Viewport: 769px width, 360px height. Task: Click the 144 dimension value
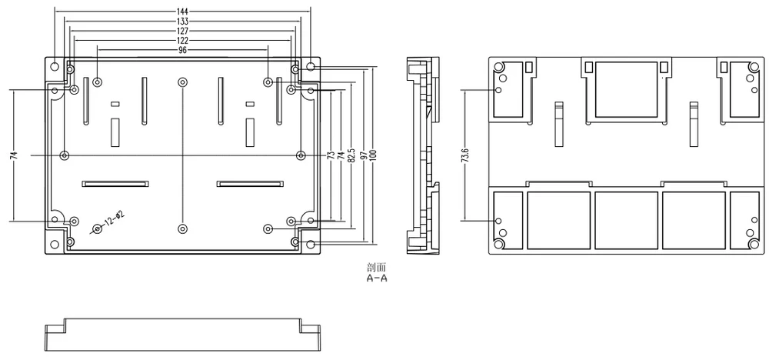pyautogui.click(x=182, y=11)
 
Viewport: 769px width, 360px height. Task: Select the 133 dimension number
pyautogui.click(x=182, y=21)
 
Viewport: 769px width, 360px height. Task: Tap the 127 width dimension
pyautogui.click(x=182, y=31)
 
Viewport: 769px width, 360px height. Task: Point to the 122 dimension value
pyautogui.click(x=182, y=40)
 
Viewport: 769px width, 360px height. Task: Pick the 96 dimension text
pyautogui.click(x=182, y=49)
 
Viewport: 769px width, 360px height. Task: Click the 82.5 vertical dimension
pyautogui.click(x=351, y=155)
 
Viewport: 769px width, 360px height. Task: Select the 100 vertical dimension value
pyautogui.click(x=375, y=155)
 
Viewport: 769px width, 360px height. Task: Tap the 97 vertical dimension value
pyautogui.click(x=363, y=155)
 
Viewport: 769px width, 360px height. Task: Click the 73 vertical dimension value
pyautogui.click(x=331, y=155)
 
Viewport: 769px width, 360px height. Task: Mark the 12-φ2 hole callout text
pyautogui.click(x=114, y=218)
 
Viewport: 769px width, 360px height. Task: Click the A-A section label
pyautogui.click(x=377, y=278)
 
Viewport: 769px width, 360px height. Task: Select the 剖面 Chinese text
pyautogui.click(x=377, y=268)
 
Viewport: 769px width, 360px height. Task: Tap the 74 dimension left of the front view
pyautogui.click(x=14, y=155)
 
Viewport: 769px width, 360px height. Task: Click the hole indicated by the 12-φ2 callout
pyautogui.click(x=98, y=228)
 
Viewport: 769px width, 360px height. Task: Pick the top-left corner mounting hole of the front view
pyautogui.click(x=55, y=66)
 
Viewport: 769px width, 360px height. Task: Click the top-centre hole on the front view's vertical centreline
pyautogui.click(x=182, y=82)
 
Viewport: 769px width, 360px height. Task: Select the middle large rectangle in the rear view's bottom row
pyautogui.click(x=626, y=220)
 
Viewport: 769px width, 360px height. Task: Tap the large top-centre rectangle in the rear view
pyautogui.click(x=626, y=89)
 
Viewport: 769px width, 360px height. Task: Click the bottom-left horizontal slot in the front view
pyautogui.click(x=115, y=183)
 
